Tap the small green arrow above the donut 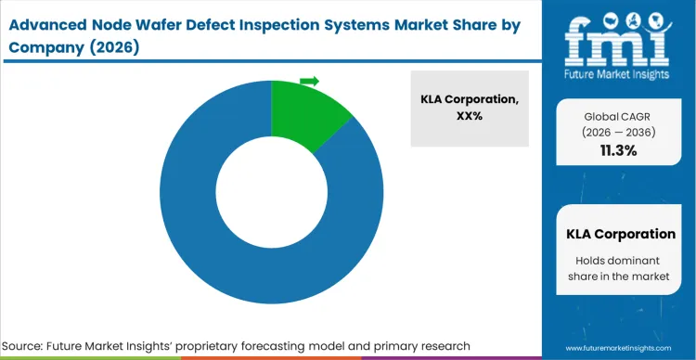coord(310,81)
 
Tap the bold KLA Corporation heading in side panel coord(620,234)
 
